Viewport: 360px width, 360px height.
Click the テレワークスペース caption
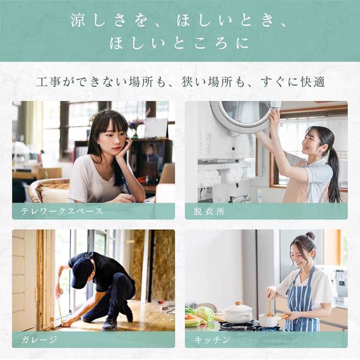pyautogui.click(x=62, y=211)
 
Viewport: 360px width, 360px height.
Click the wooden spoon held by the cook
pyautogui.click(x=269, y=308)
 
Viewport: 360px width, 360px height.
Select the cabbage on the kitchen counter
pyautogui.click(x=205, y=314)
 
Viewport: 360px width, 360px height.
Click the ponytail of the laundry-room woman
pyautogui.click(x=334, y=173)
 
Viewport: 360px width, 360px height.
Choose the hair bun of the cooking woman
pyautogui.click(x=310, y=235)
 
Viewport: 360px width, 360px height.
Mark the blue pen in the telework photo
pyautogui.click(x=126, y=188)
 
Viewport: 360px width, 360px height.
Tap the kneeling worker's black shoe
pyautogui.click(x=110, y=324)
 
